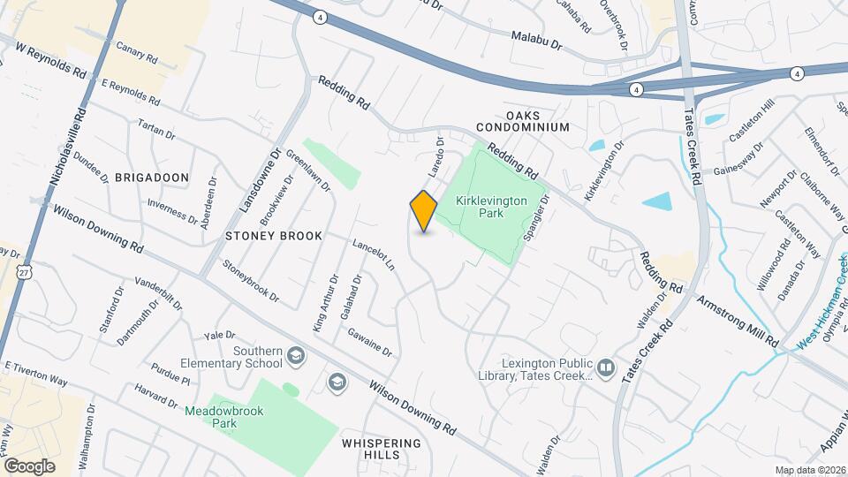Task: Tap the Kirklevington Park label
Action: pyautogui.click(x=491, y=208)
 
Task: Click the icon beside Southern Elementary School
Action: pyautogui.click(x=296, y=357)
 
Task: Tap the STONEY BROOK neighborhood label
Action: pyautogui.click(x=273, y=237)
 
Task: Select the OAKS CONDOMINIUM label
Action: pyautogui.click(x=525, y=122)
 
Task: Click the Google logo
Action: pyautogui.click(x=29, y=466)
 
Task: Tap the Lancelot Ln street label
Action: pyautogui.click(x=374, y=255)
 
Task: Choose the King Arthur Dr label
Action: pyautogui.click(x=326, y=303)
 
